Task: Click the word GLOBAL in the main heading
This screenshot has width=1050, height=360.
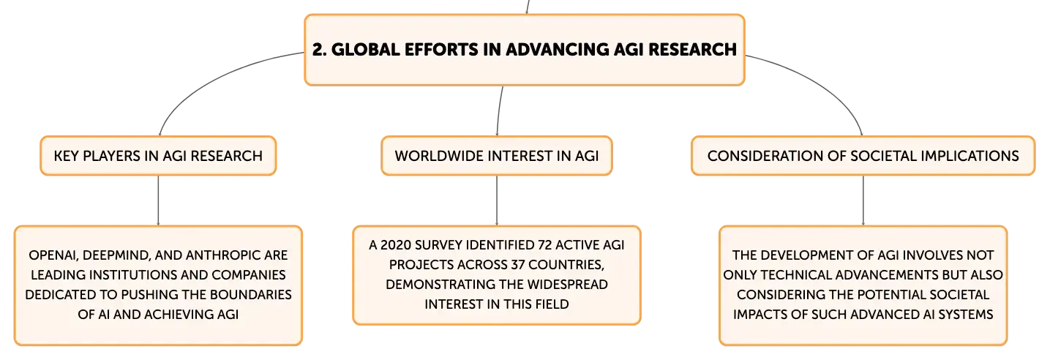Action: [x=365, y=50]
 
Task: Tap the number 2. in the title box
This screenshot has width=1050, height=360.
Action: [x=319, y=50]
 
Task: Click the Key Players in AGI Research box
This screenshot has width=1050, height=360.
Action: [x=159, y=156]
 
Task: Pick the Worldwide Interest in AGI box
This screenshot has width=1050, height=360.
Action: [x=497, y=156]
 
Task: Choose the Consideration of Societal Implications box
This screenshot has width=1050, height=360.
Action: [x=863, y=156]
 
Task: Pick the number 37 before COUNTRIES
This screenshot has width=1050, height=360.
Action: [x=517, y=265]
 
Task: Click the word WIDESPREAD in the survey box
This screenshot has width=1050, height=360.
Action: [x=567, y=285]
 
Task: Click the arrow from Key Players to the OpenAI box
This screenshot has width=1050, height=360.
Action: [x=159, y=200]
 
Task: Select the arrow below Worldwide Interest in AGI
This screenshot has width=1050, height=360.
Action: [x=497, y=200]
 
